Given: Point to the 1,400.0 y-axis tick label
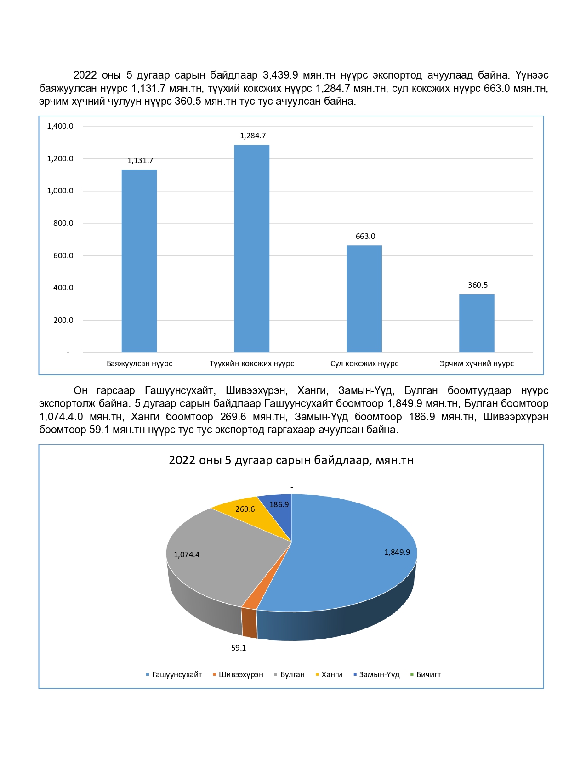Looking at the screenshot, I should pos(60,126).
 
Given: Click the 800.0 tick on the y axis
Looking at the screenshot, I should pos(63,223).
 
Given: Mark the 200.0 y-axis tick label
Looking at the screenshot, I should pos(63,320).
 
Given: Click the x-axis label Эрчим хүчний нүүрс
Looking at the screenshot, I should pos(477,363).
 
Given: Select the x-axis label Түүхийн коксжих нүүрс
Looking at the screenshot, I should pos(251,363).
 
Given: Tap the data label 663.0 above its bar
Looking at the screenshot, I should pos(365,236).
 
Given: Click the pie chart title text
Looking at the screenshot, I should pos(291,460).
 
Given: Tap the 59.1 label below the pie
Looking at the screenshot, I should pos(239,648).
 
